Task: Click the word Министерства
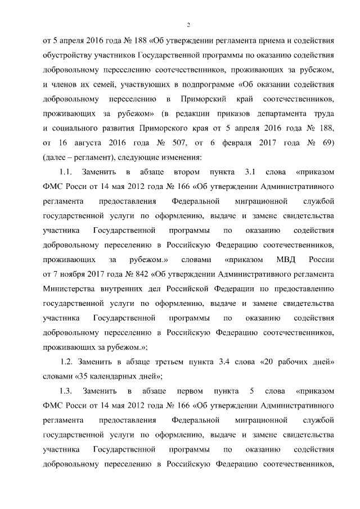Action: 69,288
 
